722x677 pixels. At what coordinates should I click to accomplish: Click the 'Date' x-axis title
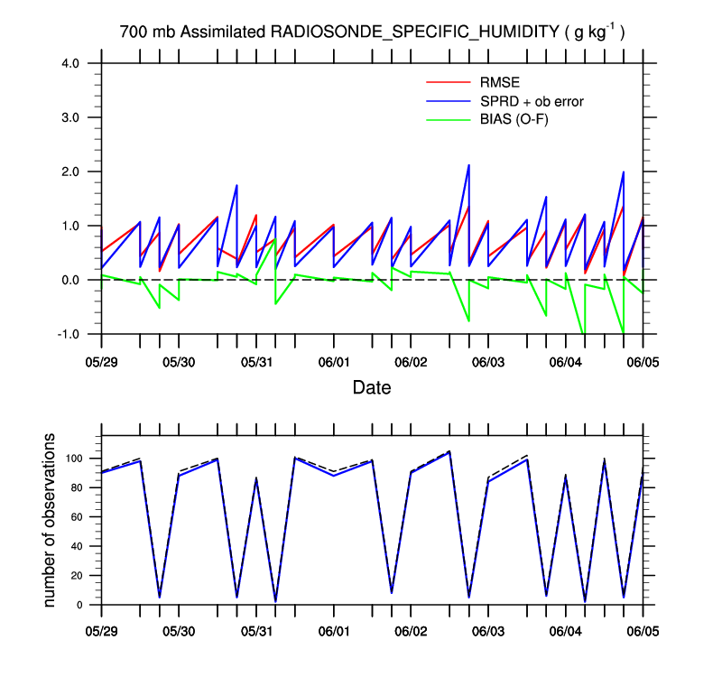[372, 389]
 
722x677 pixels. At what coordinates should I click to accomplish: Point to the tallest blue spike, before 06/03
[468, 166]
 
